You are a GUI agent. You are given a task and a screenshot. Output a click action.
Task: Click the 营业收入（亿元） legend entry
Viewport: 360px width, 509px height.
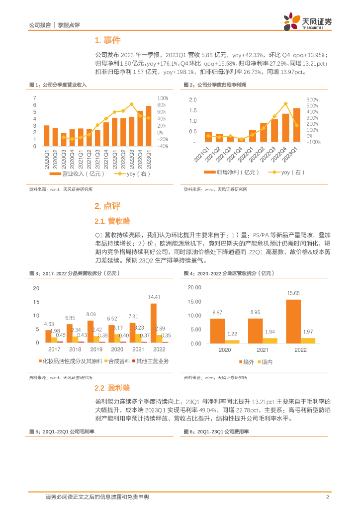click(70, 174)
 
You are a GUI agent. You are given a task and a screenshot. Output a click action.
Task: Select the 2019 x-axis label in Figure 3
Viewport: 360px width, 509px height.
click(90, 349)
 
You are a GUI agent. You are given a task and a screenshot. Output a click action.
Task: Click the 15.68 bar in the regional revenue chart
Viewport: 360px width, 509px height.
click(293, 321)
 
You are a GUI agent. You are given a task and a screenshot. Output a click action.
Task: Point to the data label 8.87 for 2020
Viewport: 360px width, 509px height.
click(217, 312)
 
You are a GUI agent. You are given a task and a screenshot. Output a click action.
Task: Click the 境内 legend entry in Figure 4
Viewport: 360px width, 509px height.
click(265, 361)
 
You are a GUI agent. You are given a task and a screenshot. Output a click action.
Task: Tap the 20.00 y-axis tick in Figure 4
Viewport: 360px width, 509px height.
click(194, 288)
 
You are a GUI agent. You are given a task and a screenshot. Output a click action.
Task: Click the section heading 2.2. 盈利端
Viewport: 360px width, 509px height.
click(111, 387)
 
